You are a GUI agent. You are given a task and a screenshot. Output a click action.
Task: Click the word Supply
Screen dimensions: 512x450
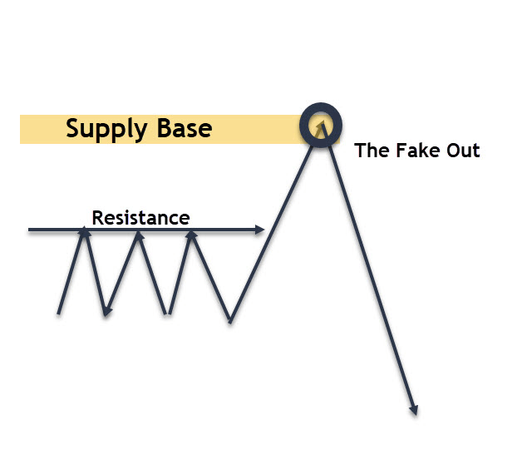106,130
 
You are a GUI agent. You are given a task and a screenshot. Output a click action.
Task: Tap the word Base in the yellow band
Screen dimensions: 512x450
185,128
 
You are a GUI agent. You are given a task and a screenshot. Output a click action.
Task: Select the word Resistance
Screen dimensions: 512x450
140,218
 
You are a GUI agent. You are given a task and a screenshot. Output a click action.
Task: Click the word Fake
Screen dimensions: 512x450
417,151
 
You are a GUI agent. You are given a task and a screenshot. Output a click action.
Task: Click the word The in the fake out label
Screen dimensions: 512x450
372,151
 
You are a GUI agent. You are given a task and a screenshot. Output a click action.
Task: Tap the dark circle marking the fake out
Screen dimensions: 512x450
321,105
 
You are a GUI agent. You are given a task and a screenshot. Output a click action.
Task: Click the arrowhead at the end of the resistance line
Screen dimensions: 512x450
259,230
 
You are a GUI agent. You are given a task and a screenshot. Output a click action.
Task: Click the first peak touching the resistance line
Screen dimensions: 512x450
84,230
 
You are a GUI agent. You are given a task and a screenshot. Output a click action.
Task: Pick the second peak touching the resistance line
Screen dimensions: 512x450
139,234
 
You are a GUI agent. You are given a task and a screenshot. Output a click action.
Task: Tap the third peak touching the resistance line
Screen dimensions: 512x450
191,234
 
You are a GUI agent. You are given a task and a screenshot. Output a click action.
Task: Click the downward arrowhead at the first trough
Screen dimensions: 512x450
106,312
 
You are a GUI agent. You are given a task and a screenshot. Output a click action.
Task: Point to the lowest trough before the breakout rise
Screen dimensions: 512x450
230,322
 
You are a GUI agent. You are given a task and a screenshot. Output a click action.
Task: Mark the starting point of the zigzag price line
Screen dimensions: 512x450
58,314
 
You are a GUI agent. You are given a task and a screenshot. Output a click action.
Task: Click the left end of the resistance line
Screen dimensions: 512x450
29,230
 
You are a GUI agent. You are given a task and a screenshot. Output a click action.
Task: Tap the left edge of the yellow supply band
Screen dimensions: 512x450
21,130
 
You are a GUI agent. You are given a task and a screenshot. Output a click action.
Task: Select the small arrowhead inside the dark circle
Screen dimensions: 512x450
322,124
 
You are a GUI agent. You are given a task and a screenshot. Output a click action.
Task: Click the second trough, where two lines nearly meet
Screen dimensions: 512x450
168,314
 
